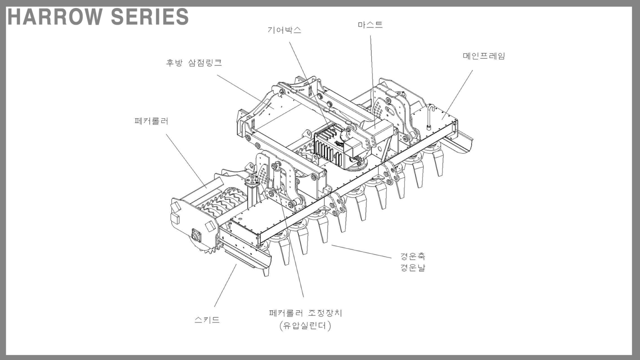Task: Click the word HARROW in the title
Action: coord(55,17)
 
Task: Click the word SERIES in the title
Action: coord(150,17)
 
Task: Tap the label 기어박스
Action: coord(284,30)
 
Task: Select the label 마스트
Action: coord(370,25)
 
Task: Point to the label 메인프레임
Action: coord(484,56)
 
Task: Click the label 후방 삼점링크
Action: coord(194,62)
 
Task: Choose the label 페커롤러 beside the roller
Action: coord(151,121)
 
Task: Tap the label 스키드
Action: coord(207,320)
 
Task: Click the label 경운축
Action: coord(412,256)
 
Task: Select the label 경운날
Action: coord(412,268)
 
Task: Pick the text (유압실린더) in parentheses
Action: coord(305,326)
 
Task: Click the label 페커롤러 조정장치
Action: coord(305,313)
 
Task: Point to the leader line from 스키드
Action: coord(225,285)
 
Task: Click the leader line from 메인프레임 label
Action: coord(457,95)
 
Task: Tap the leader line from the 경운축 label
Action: coord(361,251)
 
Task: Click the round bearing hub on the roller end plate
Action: coord(197,236)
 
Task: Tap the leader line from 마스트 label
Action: coord(372,81)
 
